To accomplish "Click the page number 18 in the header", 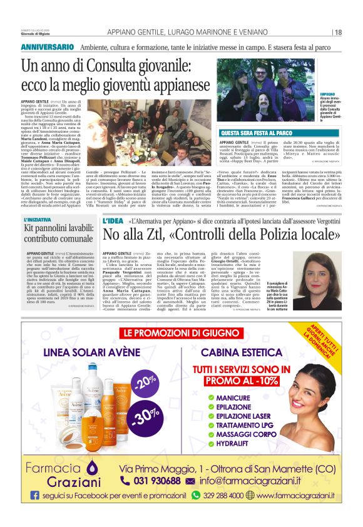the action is (x=338, y=33).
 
